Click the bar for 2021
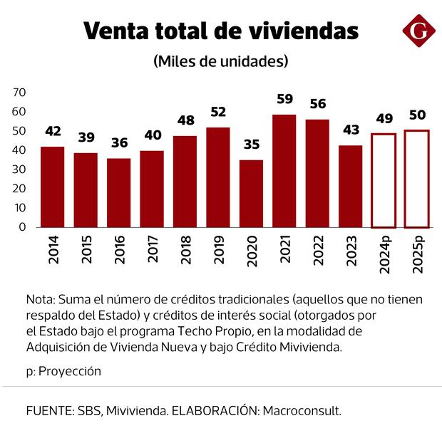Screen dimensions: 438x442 (x=284, y=171)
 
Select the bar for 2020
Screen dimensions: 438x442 (x=251, y=194)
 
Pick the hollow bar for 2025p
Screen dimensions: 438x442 (x=417, y=179)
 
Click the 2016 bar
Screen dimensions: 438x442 (x=119, y=192)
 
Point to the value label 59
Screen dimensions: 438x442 (x=284, y=99)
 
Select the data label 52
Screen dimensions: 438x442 (x=218, y=112)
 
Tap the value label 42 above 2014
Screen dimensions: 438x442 (x=53, y=131)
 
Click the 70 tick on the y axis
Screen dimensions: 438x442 (x=19, y=93)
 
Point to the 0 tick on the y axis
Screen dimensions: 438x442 (x=22, y=226)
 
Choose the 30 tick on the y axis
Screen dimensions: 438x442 (x=19, y=170)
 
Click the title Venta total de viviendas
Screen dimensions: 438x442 (x=221, y=31)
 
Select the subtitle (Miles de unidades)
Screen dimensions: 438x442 (x=221, y=61)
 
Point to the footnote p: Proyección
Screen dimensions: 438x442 (x=63, y=371)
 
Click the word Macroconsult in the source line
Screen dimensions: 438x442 (x=302, y=411)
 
